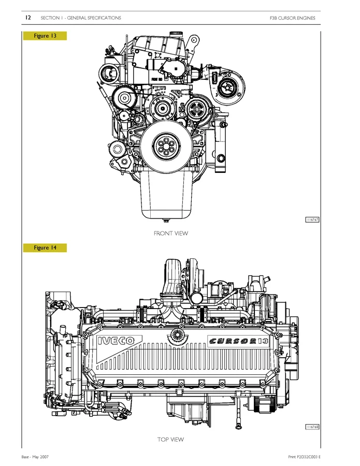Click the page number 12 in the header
click(28, 18)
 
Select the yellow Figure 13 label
click(45, 36)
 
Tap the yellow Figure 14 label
click(45, 247)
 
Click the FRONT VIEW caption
click(171, 234)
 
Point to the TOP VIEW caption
click(171, 440)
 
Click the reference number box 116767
click(312, 220)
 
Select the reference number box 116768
click(312, 427)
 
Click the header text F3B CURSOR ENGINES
click(292, 18)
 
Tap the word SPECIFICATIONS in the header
click(104, 18)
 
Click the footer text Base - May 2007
click(35, 457)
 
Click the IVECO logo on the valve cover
click(116, 340)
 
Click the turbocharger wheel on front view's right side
click(226, 86)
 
